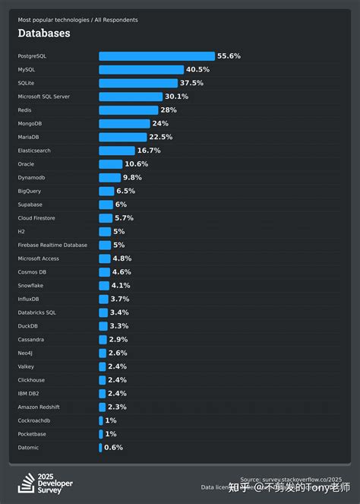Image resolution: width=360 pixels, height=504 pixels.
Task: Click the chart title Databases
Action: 44,33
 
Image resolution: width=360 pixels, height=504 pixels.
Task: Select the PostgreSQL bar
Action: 156,56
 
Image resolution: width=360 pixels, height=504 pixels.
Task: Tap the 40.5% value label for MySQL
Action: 197,70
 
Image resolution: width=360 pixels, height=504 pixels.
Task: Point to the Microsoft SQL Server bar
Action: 130,97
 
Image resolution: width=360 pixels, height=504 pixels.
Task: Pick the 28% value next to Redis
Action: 168,110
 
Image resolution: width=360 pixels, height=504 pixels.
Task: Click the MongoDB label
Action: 31,123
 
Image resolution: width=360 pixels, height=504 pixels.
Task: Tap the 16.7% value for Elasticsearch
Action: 149,151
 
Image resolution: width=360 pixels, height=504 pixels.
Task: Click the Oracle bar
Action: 110,164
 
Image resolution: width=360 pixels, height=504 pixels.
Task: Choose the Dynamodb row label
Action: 32,177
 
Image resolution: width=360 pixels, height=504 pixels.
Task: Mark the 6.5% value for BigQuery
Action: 126,191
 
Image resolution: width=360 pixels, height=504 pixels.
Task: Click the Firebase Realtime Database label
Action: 52,245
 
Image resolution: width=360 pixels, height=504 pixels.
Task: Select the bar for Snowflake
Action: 104,285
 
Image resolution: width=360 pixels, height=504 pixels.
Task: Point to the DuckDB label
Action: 30,325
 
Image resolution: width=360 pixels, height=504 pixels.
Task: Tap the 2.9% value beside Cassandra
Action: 118,339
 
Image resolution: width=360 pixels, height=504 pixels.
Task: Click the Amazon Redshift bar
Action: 103,407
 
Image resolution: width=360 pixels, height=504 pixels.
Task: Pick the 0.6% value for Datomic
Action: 112,447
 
